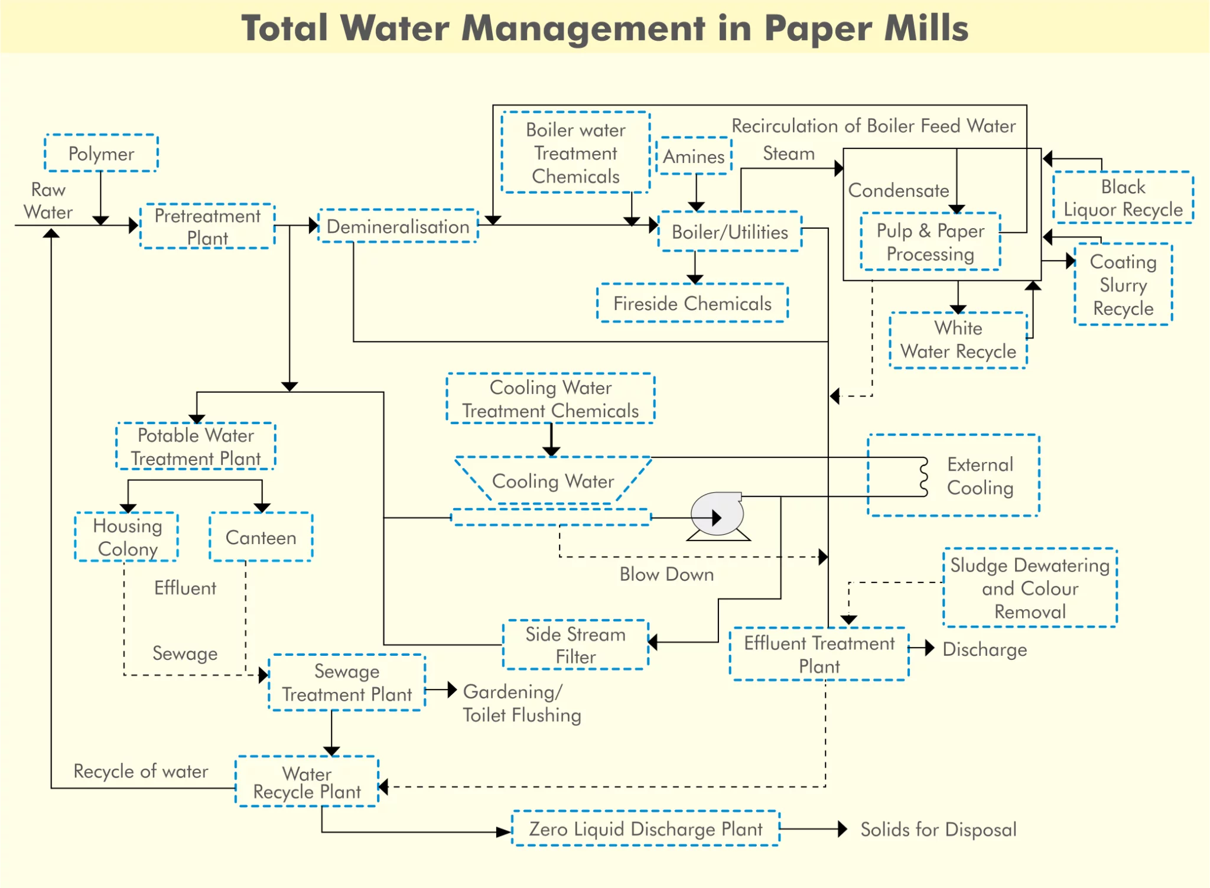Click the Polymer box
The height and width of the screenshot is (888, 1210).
[101, 154]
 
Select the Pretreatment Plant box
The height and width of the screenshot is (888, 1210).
[207, 227]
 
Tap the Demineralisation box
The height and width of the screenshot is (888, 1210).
[398, 226]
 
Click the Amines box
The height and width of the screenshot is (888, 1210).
[694, 157]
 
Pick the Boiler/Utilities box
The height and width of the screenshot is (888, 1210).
[730, 232]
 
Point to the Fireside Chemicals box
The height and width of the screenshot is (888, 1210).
[692, 304]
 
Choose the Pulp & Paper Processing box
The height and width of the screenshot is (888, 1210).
[930, 242]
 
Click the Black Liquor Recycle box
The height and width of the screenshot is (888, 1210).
[1123, 198]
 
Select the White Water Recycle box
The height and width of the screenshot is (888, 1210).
[958, 340]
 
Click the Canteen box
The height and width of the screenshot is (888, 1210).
[261, 537]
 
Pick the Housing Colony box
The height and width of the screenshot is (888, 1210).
[127, 537]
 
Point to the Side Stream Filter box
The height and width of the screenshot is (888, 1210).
[575, 645]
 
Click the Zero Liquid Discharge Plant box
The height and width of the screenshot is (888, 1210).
[645, 829]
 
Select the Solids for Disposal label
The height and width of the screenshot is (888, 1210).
[938, 830]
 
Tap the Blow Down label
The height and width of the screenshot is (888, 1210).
[666, 574]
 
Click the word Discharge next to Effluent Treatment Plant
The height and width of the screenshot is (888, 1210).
[984, 649]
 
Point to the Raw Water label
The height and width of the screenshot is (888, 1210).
[48, 201]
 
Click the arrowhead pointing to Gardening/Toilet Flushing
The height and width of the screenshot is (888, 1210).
[452, 689]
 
